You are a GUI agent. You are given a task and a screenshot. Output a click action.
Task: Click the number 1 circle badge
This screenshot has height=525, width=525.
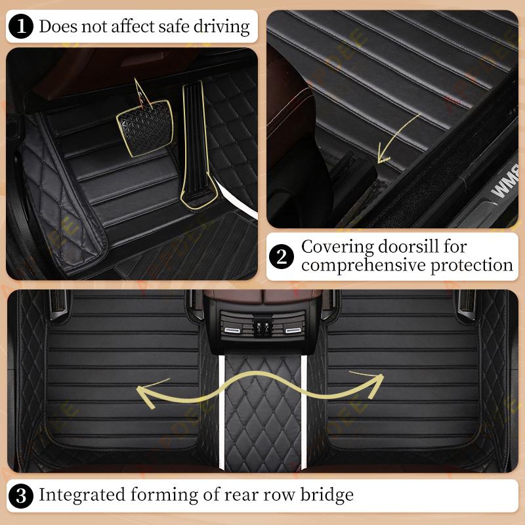pyautogui.click(x=22, y=26)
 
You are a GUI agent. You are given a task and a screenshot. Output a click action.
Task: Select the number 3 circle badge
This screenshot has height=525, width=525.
pyautogui.click(x=22, y=494)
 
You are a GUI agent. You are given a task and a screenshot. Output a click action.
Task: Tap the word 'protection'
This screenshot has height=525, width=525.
pyautogui.click(x=477, y=265)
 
